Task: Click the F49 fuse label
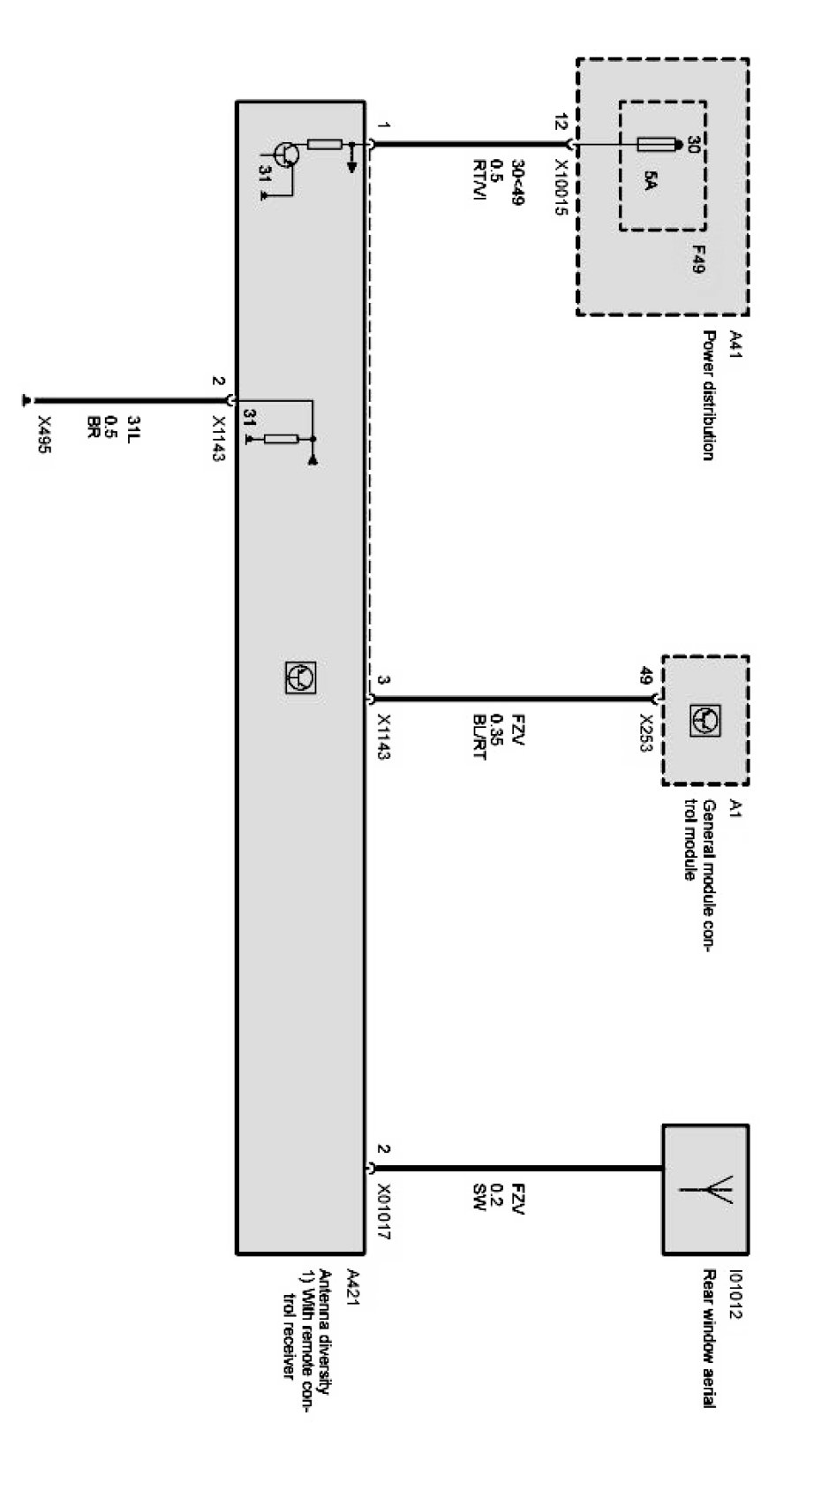[x=697, y=259]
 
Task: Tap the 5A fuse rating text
[x=650, y=184]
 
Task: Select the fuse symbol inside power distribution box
[x=657, y=144]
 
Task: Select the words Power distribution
[x=708, y=395]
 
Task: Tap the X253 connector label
[x=647, y=733]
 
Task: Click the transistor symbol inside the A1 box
[x=706, y=721]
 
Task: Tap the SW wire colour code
[x=480, y=1196]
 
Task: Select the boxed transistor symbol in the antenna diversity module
[x=300, y=677]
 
